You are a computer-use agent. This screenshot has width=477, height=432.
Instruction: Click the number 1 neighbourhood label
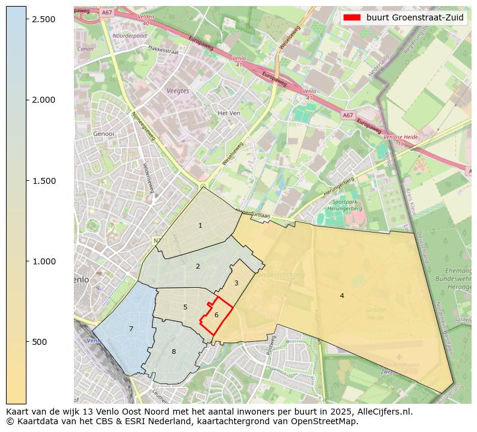200,225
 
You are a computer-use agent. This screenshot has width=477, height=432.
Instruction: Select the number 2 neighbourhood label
198,266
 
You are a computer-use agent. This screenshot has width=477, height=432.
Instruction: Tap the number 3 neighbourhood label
236,283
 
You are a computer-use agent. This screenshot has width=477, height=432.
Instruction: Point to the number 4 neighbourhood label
342,296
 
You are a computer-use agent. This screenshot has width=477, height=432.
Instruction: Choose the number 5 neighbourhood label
185,307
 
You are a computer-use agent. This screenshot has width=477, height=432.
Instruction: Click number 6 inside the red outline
216,315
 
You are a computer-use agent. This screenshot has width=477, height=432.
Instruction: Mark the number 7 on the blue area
131,329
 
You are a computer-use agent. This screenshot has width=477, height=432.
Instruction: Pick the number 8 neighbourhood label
174,351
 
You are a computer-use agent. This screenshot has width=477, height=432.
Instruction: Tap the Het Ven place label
229,113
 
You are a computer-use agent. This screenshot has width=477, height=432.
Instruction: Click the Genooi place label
104,134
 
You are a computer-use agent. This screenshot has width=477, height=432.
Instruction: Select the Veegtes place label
178,91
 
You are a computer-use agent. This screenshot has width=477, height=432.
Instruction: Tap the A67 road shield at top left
106,13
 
